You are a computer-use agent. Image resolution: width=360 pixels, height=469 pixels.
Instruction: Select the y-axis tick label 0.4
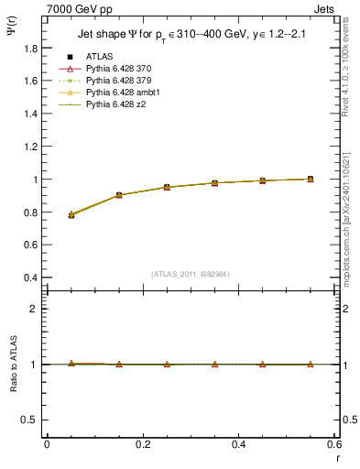pyautogui.click(x=29, y=278)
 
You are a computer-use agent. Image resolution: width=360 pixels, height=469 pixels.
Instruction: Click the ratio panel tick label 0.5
pyautogui.click(x=29, y=420)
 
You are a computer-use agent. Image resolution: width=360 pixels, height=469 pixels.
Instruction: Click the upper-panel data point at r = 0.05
pyautogui.click(x=71, y=215)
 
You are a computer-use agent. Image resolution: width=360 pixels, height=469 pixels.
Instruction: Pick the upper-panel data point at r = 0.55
pyautogui.click(x=311, y=180)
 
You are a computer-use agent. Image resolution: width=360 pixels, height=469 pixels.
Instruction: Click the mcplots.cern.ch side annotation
pyautogui.click(x=347, y=220)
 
